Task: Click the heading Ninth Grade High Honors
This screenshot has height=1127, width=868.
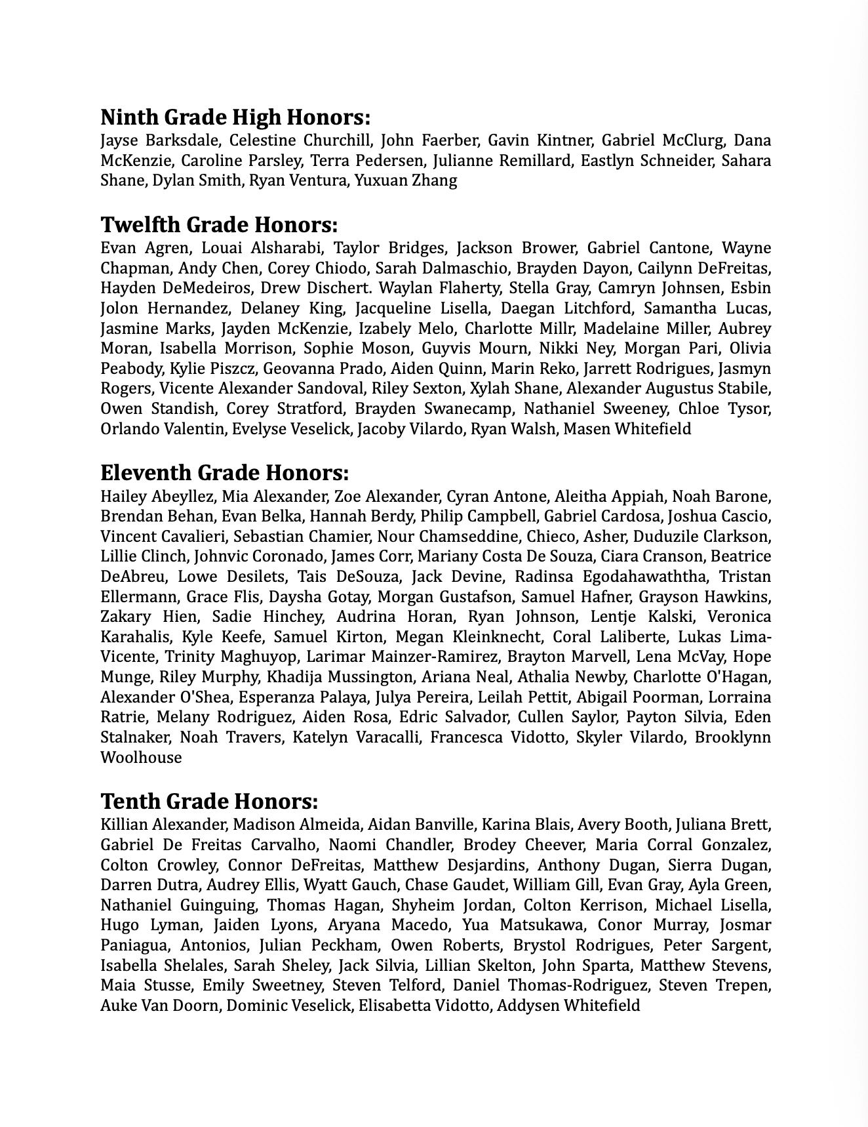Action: pyautogui.click(x=235, y=118)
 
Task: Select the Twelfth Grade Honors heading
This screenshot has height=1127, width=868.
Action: pyautogui.click(x=219, y=225)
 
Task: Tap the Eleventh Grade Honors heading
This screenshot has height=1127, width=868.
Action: pyautogui.click(x=224, y=473)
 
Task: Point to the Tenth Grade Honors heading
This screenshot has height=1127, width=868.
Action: pyautogui.click(x=209, y=802)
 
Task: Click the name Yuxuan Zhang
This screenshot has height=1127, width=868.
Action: pyautogui.click(x=406, y=180)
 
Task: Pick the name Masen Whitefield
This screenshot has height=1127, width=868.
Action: pyautogui.click(x=627, y=429)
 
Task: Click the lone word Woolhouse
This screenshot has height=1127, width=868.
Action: pyautogui.click(x=141, y=758)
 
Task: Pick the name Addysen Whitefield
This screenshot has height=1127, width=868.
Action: pyautogui.click(x=568, y=1006)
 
